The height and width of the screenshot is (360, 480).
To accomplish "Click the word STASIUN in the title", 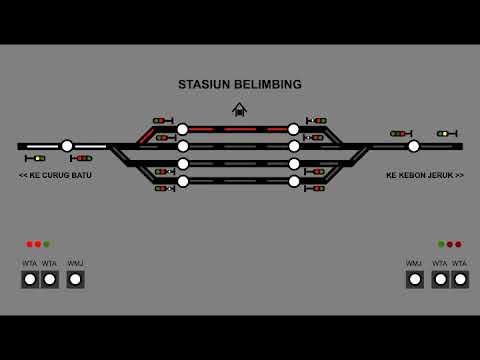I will pyautogui.click(x=203, y=85).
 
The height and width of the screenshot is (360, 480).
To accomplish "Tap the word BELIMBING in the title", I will pyautogui.click(x=266, y=85).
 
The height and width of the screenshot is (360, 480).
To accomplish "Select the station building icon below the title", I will pyautogui.click(x=239, y=109).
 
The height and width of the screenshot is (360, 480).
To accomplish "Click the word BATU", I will pyautogui.click(x=81, y=175).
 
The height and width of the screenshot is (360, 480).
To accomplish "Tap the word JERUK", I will pyautogui.click(x=442, y=175).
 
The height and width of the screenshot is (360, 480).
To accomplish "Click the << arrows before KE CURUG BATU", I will pyautogui.click(x=23, y=175).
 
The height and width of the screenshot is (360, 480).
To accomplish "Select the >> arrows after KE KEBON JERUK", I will pyautogui.click(x=459, y=175).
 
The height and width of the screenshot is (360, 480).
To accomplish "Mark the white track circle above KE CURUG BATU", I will pyautogui.click(x=67, y=146).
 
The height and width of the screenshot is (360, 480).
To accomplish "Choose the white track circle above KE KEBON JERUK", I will pyautogui.click(x=413, y=146).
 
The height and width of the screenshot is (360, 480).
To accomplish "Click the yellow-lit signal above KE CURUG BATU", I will pyautogui.click(x=37, y=158).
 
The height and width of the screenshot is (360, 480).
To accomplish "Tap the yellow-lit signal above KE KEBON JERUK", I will pyautogui.click(x=446, y=133).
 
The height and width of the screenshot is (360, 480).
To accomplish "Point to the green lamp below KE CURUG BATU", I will pyautogui.click(x=46, y=244).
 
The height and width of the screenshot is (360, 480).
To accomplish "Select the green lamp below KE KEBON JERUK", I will pyautogui.click(x=441, y=244).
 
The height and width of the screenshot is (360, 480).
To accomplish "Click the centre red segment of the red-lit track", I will pyautogui.click(x=240, y=129).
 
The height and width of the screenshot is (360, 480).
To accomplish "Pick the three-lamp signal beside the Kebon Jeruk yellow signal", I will pyautogui.click(x=400, y=133).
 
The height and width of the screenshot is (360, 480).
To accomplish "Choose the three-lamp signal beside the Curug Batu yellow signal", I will pyautogui.click(x=82, y=158).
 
